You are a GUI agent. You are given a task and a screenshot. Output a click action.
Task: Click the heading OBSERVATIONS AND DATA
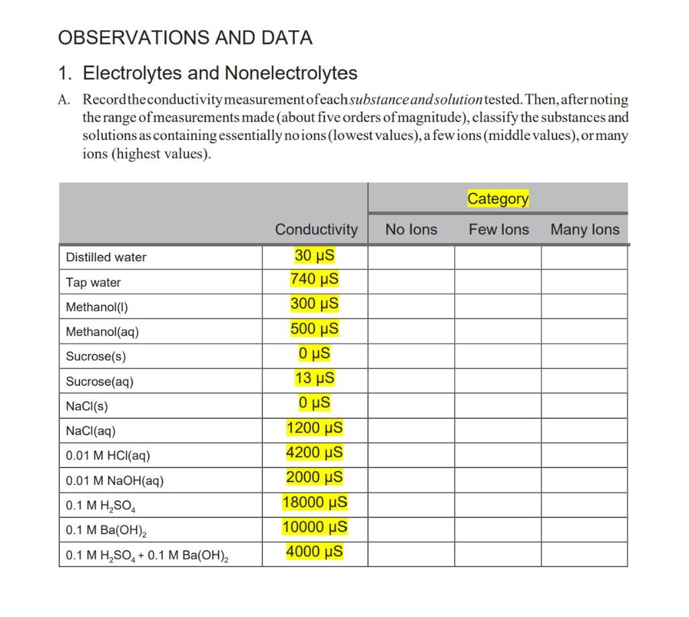click(186, 38)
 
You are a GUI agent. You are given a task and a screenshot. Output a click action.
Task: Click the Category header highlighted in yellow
click(498, 199)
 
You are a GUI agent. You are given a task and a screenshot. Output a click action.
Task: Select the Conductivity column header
click(316, 230)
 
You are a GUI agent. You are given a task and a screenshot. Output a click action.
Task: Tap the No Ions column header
click(411, 230)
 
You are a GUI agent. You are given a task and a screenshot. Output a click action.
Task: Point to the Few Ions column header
click(499, 230)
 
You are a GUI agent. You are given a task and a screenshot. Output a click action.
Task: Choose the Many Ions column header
click(585, 230)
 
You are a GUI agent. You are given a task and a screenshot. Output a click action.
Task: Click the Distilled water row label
click(106, 257)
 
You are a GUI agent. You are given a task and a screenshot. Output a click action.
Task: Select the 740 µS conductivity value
click(314, 279)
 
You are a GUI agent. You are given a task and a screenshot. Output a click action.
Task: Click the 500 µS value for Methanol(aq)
click(314, 329)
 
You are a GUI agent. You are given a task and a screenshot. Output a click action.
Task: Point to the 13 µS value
click(314, 379)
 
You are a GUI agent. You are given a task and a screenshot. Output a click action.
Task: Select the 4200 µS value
click(314, 453)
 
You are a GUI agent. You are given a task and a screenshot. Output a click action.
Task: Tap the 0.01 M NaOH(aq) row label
click(114, 481)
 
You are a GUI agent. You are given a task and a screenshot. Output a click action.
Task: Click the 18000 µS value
click(314, 502)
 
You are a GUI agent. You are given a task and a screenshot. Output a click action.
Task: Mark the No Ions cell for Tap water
click(411, 282)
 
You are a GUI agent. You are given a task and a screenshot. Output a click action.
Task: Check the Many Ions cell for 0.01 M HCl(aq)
click(584, 456)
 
